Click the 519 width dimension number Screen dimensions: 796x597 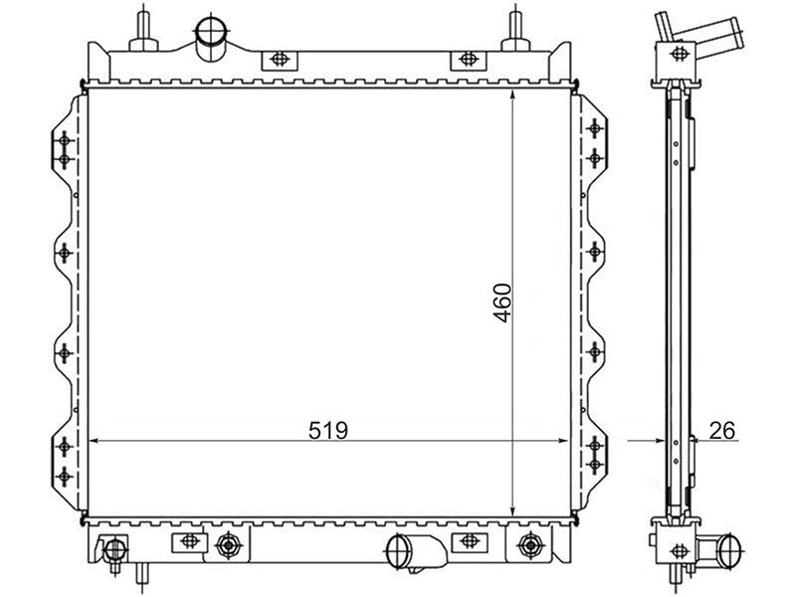[328, 431]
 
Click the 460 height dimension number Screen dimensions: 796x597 [502, 302]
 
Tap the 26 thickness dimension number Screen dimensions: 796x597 [722, 431]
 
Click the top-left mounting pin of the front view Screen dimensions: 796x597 [143, 31]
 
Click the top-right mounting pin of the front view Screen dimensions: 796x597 [515, 31]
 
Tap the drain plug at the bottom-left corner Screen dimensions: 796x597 [115, 550]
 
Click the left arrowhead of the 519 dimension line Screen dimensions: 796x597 [95, 441]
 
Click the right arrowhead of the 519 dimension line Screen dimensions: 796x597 [562, 441]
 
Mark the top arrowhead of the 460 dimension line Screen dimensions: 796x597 [512, 97]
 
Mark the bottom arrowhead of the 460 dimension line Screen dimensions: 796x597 [512, 509]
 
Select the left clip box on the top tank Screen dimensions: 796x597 [280, 60]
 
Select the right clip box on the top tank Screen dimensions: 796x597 [468, 60]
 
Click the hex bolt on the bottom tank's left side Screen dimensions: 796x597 [229, 545]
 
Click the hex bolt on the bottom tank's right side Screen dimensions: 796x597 [530, 545]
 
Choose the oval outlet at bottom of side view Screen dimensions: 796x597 [729, 549]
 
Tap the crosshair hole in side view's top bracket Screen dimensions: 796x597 [679, 54]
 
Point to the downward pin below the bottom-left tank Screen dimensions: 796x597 [141, 573]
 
